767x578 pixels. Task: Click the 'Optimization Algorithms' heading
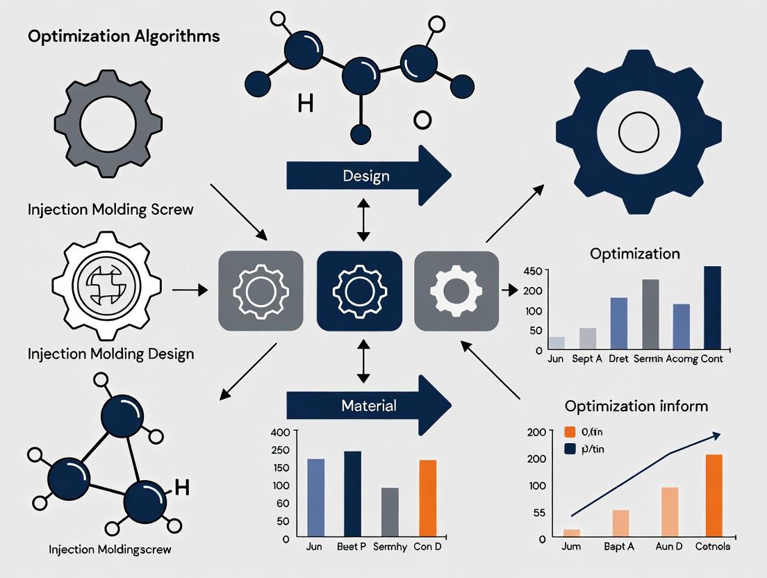coord(124,36)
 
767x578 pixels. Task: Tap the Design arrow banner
coord(367,176)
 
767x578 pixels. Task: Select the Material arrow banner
coord(368,405)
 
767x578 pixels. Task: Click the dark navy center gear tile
coord(358,290)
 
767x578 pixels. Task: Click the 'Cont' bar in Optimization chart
coord(712,306)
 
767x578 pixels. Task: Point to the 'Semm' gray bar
coord(650,313)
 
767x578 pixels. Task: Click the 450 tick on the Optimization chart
coord(533,270)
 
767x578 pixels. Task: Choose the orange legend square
coord(570,431)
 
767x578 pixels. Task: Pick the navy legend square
coord(570,449)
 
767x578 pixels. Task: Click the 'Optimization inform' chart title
coord(636,406)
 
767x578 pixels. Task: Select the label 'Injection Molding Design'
coord(110,354)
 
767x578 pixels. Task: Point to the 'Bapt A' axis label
coord(619,547)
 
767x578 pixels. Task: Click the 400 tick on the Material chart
coord(280,432)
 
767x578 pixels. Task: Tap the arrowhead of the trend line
coord(715,435)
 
